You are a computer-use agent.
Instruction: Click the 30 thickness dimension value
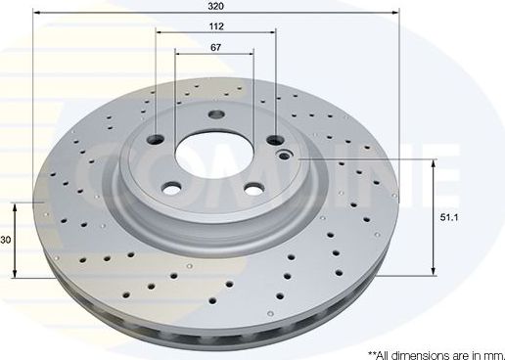6,241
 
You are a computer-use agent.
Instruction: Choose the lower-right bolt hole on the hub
252,189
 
